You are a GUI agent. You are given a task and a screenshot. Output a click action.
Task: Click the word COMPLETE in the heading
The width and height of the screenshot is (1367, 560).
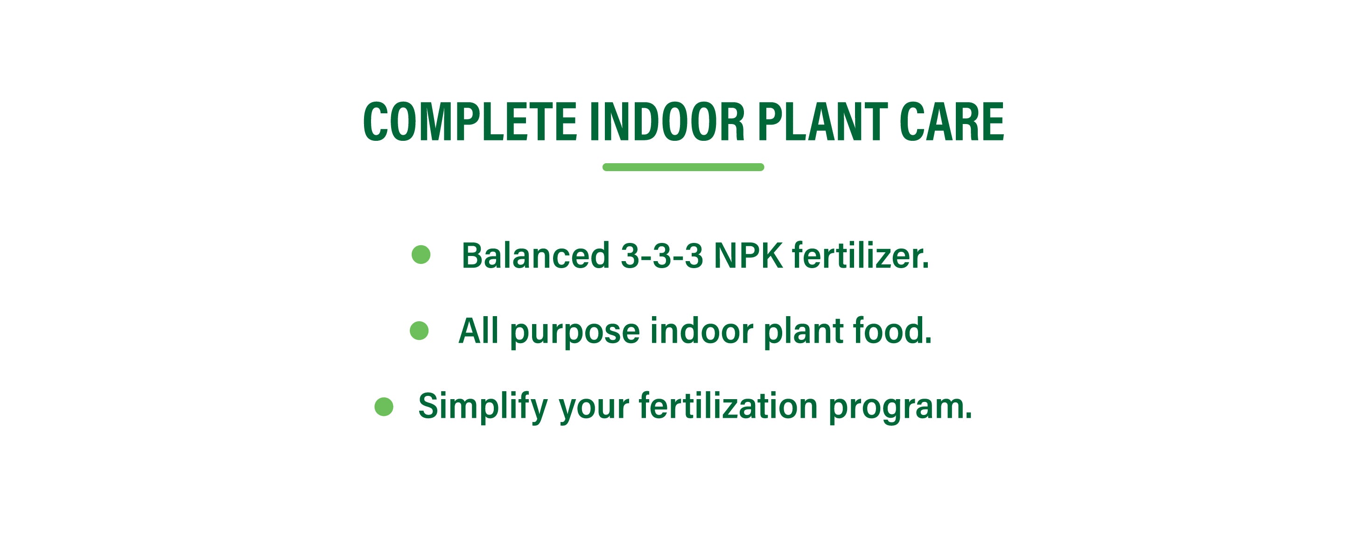click(x=470, y=122)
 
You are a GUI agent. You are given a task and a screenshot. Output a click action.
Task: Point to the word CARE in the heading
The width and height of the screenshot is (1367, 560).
click(x=952, y=122)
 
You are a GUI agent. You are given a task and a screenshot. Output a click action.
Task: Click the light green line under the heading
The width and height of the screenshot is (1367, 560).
click(x=683, y=167)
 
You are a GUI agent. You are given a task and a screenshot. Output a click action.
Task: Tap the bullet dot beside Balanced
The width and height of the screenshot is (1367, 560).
click(x=421, y=255)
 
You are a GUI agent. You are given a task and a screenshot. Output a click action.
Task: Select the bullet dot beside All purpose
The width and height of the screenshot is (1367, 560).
click(x=419, y=331)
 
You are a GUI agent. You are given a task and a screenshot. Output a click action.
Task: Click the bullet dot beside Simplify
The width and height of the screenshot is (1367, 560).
click(x=384, y=407)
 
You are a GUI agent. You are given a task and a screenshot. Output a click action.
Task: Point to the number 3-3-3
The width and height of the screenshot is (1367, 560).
click(x=662, y=256)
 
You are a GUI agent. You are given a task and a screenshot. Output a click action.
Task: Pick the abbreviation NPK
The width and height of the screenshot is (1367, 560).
click(x=748, y=256)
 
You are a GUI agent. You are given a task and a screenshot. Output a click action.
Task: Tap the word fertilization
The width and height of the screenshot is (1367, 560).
click(x=728, y=406)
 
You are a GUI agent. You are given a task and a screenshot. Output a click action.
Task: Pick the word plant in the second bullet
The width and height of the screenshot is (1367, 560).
click(x=803, y=332)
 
